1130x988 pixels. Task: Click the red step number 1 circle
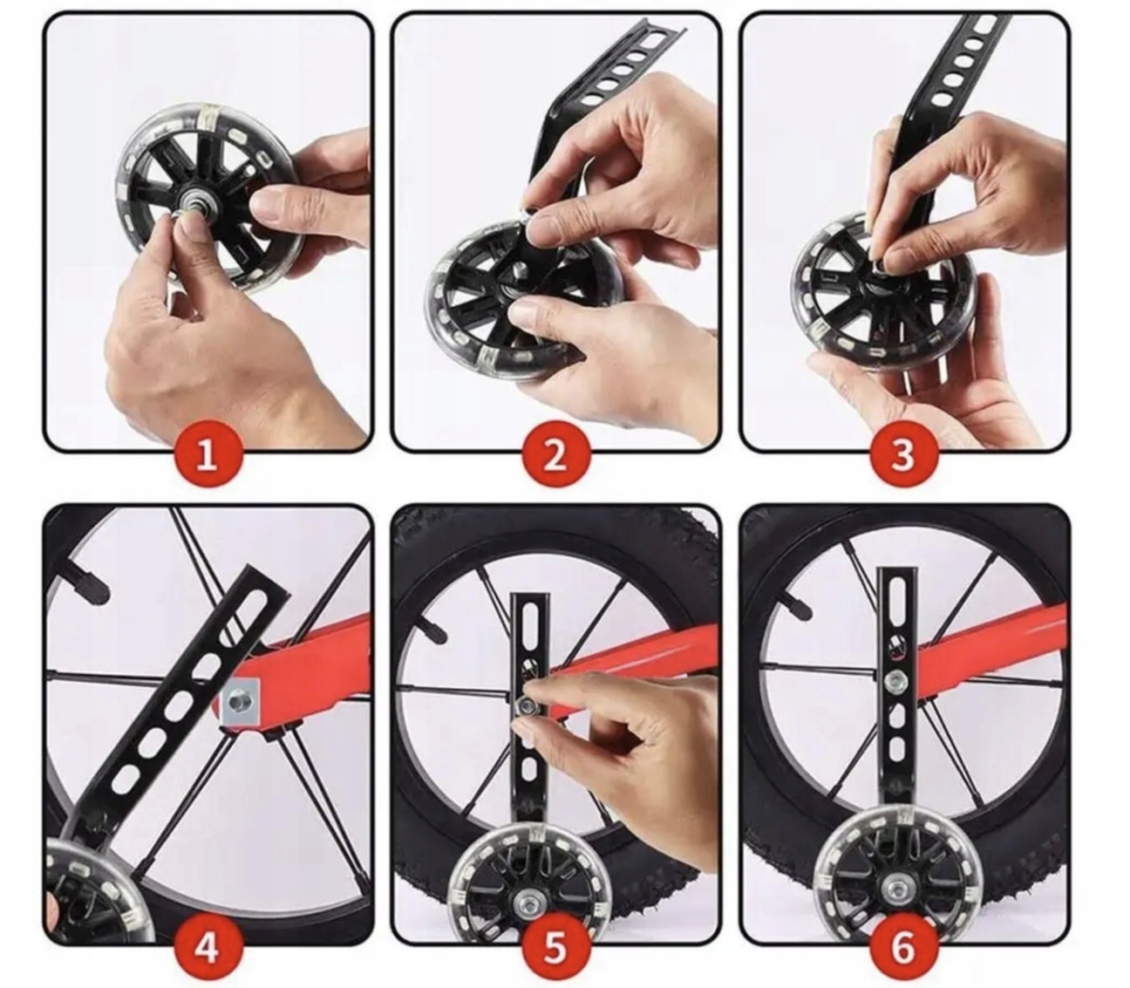click(x=208, y=457)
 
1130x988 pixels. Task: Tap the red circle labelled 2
click(x=556, y=457)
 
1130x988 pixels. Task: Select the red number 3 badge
click(x=904, y=457)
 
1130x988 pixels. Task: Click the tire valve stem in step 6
click(x=800, y=610)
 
